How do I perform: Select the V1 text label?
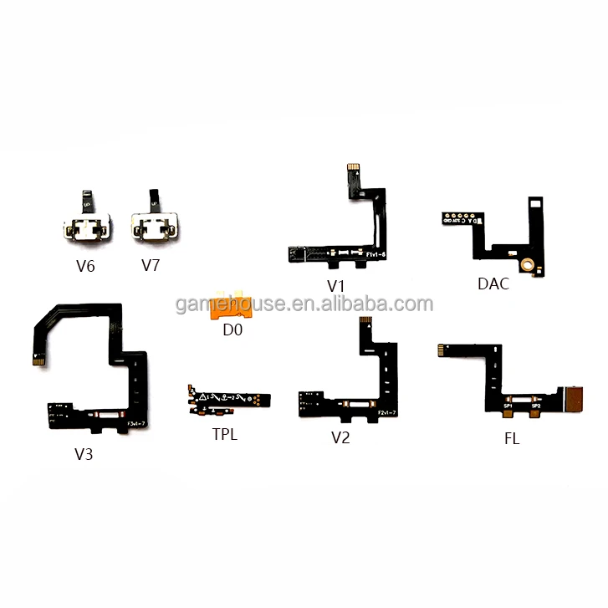pyautogui.click(x=336, y=285)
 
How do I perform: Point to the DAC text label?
pyautogui.click(x=493, y=283)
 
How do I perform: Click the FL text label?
pyautogui.click(x=511, y=438)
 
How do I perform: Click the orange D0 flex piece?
pyautogui.click(x=230, y=306)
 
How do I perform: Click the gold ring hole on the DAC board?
pyautogui.click(x=528, y=266)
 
